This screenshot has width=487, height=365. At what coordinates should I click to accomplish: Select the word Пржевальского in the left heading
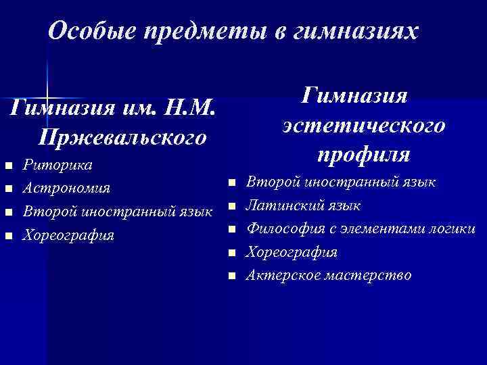pyautogui.click(x=122, y=137)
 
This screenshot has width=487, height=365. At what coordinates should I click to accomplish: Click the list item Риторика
pyautogui.click(x=58, y=165)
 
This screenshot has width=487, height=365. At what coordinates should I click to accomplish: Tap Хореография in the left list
pyautogui.click(x=68, y=236)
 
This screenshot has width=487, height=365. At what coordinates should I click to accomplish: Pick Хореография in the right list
pyautogui.click(x=291, y=252)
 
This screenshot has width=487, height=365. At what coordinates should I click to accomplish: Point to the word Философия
pyautogui.click(x=281, y=228)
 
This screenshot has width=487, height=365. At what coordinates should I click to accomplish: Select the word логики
pyautogui.click(x=453, y=228)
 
